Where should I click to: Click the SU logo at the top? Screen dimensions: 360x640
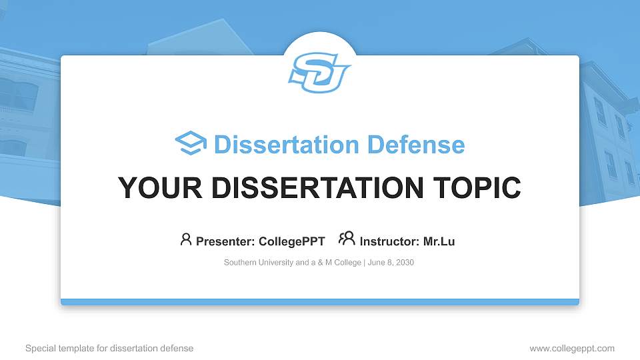click(320, 72)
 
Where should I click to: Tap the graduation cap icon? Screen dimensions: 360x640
click(191, 144)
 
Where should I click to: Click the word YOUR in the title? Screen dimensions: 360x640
click(153, 188)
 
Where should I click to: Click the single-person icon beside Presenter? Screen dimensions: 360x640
click(186, 239)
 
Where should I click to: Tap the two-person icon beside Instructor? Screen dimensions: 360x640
click(347, 239)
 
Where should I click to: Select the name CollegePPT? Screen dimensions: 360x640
click(291, 241)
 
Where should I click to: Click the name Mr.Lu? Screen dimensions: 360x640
click(439, 241)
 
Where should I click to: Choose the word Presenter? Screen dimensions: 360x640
click(224, 241)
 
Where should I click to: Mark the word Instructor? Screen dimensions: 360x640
click(389, 241)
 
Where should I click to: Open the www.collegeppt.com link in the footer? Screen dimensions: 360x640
click(572, 348)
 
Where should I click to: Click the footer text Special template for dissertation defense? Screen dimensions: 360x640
click(109, 348)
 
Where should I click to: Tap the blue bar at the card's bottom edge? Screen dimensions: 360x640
click(320, 302)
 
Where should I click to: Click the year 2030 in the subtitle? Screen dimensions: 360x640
click(404, 263)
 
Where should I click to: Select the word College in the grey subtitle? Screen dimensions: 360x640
click(347, 263)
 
